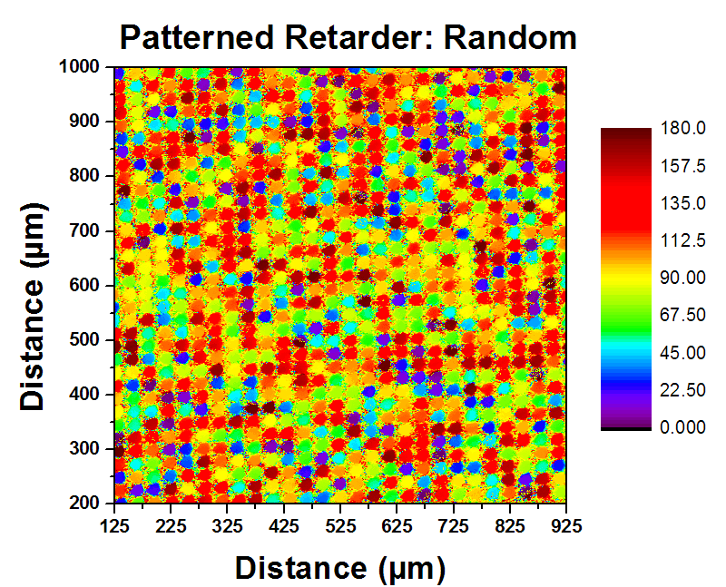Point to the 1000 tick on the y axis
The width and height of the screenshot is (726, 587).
pos(83,66)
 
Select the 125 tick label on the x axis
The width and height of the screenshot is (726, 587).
pos(114,523)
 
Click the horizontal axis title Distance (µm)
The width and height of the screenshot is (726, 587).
pos(340,568)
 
